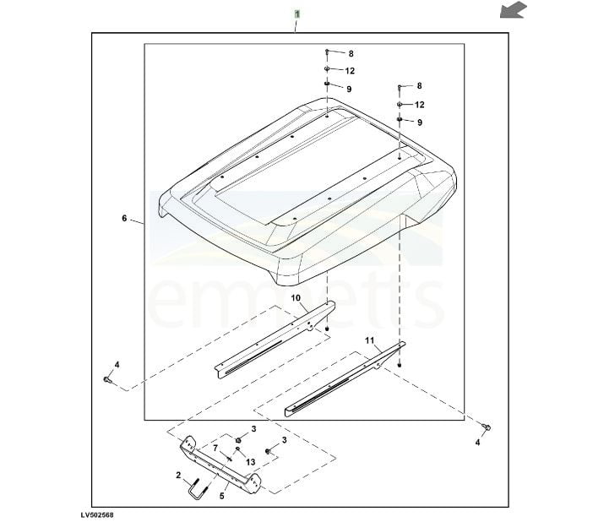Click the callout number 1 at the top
coord(296,14)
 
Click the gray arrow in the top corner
coord(514,10)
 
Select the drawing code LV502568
coord(97,514)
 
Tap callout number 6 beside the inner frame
coord(124,218)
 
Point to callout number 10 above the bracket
coord(296,298)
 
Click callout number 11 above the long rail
coord(369,340)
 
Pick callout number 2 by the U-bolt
coord(178,475)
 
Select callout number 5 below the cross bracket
coord(221,496)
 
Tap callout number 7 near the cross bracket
coord(215,449)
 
